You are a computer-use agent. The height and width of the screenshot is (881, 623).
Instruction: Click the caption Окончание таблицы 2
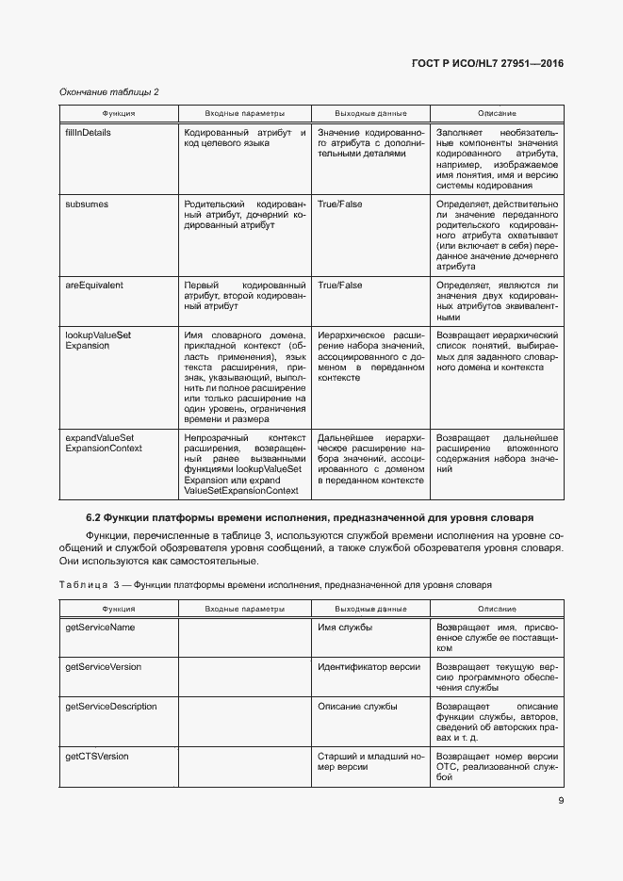(x=109, y=91)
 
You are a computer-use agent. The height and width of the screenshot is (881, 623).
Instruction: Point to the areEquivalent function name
(x=93, y=285)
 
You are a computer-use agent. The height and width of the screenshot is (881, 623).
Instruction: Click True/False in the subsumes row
(x=339, y=204)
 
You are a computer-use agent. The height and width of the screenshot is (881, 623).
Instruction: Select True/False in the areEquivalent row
(x=339, y=285)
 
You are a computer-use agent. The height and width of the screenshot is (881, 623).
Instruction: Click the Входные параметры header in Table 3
(x=244, y=610)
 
